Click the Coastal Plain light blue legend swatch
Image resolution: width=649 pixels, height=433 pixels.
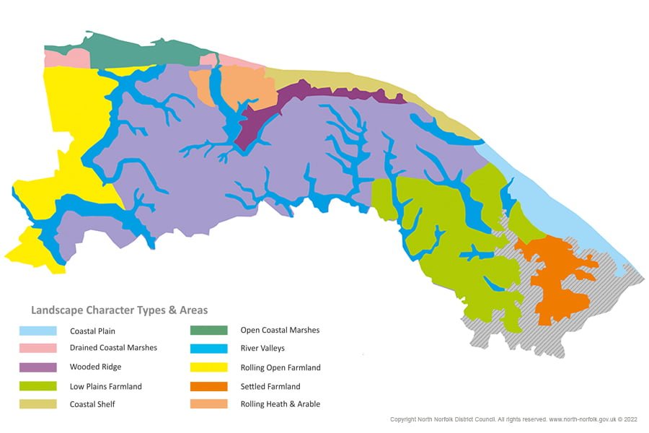click(x=38, y=331)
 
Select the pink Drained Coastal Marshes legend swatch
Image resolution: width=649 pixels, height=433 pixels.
click(x=38, y=349)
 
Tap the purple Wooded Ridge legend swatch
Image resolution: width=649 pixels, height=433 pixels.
click(x=38, y=367)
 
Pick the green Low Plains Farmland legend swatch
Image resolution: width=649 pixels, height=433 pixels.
click(x=38, y=386)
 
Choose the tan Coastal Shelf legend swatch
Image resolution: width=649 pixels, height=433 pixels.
click(x=38, y=404)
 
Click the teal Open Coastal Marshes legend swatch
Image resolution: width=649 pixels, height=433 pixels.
click(x=208, y=331)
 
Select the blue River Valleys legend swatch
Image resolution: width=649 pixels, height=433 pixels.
click(x=208, y=349)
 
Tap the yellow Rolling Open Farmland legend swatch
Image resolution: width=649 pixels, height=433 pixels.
click(x=208, y=367)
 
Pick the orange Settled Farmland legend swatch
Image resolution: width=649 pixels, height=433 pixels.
click(x=208, y=386)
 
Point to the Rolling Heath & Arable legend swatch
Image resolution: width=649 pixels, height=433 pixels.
click(x=208, y=404)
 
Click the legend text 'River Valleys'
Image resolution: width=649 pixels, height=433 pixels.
click(x=262, y=349)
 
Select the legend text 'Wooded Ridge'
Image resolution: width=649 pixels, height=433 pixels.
click(x=95, y=367)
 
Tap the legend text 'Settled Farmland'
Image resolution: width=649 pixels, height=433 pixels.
click(x=270, y=386)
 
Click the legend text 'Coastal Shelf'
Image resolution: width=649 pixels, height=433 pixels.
click(x=92, y=405)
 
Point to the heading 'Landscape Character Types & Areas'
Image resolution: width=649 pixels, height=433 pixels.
click(x=119, y=310)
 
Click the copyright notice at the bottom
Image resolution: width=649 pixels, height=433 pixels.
click(x=513, y=419)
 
